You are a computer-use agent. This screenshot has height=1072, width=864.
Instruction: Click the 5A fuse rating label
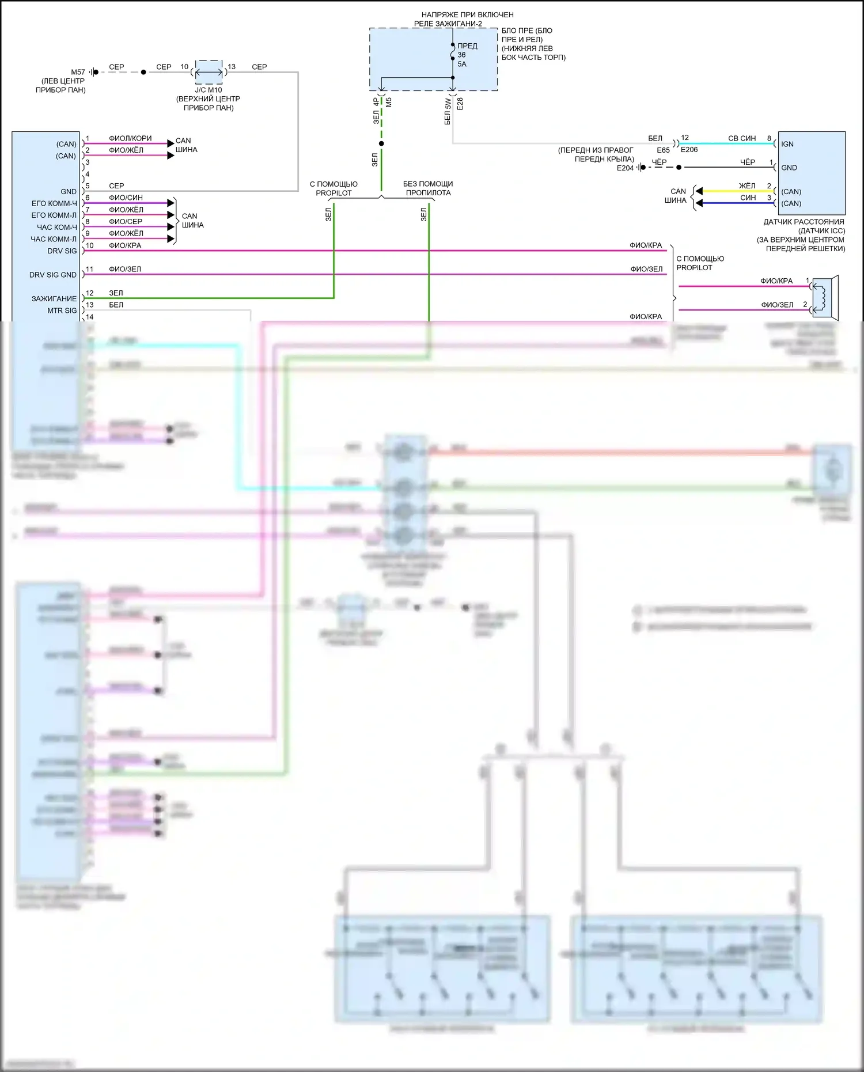[462, 64]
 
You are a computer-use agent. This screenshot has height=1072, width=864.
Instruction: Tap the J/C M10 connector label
[208, 90]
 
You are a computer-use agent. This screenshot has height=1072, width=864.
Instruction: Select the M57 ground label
[78, 72]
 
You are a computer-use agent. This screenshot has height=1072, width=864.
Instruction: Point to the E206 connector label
[689, 150]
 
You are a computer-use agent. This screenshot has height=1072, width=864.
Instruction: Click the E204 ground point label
[625, 168]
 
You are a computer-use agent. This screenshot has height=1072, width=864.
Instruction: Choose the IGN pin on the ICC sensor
[787, 144]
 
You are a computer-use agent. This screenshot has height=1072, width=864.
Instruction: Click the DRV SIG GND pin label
[53, 275]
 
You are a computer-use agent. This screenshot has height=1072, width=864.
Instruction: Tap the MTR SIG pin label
[62, 310]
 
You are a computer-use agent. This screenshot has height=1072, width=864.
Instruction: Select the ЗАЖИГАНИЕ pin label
[54, 298]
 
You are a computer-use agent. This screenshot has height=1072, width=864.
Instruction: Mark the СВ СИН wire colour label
[742, 138]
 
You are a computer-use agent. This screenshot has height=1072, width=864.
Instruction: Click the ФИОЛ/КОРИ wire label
[130, 138]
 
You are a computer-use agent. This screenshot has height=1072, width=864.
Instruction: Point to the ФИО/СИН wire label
[126, 198]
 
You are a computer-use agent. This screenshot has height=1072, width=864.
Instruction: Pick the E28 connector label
[460, 104]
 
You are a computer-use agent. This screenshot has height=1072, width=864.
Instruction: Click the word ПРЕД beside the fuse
[467, 46]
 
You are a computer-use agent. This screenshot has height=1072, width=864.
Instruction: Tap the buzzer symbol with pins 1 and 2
[825, 297]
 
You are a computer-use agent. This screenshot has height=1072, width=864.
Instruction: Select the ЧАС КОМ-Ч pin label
[56, 227]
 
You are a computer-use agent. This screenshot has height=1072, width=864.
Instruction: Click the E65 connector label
[663, 150]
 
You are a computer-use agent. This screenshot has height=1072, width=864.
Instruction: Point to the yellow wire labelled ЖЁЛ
[737, 191]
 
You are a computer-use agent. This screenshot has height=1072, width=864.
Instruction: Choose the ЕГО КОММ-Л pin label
[54, 215]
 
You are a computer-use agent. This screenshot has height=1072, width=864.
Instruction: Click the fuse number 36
[461, 55]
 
